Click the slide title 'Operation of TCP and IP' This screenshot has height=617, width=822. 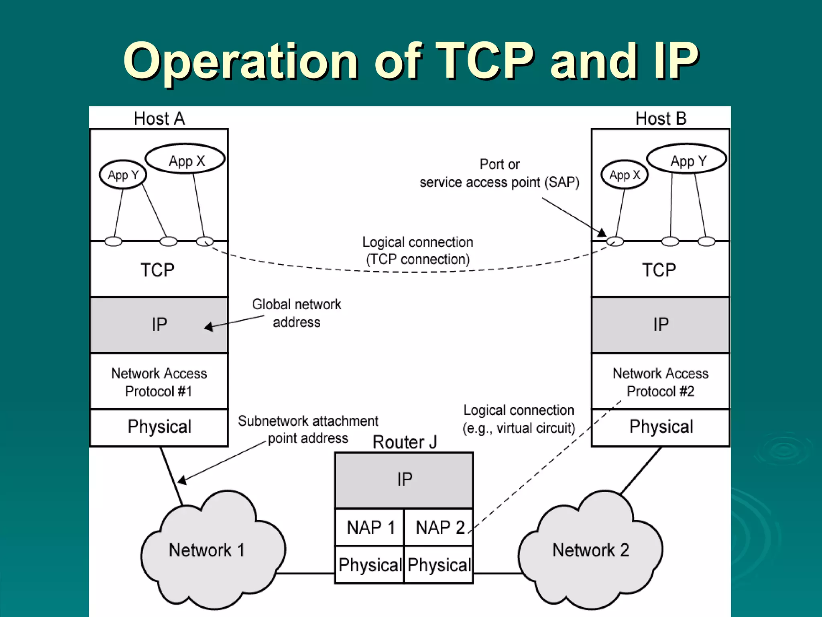[x=411, y=61]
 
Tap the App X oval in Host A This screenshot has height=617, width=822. [x=185, y=160]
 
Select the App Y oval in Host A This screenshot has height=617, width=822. [x=123, y=175]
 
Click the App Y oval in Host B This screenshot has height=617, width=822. [x=687, y=160]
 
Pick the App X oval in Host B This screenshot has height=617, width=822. [x=625, y=175]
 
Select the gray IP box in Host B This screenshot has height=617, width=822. [x=661, y=325]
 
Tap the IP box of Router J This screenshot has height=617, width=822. [x=404, y=480]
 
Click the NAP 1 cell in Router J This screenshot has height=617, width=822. [x=370, y=527]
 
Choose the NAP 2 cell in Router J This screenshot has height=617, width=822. [x=439, y=527]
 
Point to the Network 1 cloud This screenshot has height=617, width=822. [x=207, y=550]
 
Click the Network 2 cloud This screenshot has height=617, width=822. [x=590, y=550]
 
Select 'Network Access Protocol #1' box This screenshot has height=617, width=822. [x=159, y=382]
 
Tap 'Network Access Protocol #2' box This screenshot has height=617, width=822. [x=661, y=382]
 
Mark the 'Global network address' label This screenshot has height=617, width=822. [x=297, y=313]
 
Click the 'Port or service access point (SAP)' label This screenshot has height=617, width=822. [x=499, y=174]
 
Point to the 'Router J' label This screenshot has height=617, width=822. [x=404, y=442]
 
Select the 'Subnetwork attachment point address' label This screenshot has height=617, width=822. [x=308, y=429]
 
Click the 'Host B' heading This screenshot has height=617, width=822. [x=661, y=118]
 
